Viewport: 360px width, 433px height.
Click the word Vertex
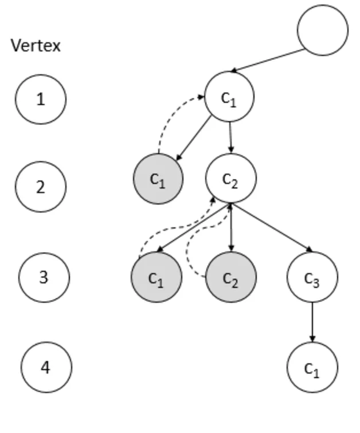(36, 46)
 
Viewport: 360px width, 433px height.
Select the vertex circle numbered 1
(41, 99)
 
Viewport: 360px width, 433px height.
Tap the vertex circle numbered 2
(41, 187)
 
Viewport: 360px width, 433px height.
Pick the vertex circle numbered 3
(44, 277)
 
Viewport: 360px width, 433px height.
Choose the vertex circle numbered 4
(46, 367)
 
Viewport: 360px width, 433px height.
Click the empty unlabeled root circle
(323, 30)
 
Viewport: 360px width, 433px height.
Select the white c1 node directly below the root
(229, 97)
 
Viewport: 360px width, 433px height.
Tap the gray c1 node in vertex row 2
(158, 179)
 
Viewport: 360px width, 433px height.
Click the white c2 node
(230, 179)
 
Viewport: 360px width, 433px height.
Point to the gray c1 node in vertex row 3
(157, 277)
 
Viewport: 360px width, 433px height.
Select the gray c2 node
(230, 277)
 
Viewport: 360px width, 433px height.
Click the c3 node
(312, 277)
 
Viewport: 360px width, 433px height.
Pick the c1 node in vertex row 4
(312, 367)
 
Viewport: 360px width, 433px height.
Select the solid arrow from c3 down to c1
(312, 322)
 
